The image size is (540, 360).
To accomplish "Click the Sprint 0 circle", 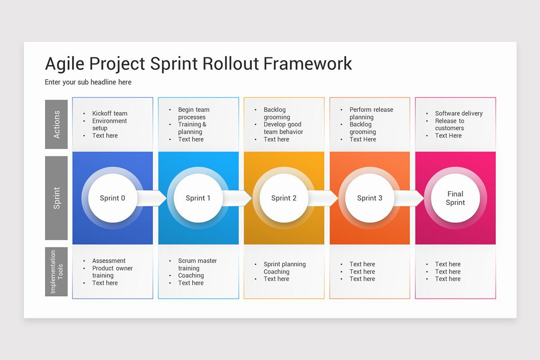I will click(112, 198).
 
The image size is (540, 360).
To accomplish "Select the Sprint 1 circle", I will click(198, 198).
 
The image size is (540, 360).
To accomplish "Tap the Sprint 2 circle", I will click(283, 198).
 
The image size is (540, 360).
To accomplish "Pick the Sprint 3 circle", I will click(369, 198).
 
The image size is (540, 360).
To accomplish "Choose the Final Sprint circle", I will click(455, 198).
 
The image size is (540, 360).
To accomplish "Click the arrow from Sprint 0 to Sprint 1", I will click(153, 198).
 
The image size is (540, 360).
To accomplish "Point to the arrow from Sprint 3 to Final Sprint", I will click(410, 198).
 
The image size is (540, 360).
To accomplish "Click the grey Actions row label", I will click(56, 124).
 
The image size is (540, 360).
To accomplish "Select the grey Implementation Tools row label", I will click(56, 271).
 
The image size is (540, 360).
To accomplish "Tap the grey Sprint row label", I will click(56, 198).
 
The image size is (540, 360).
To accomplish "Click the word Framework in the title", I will click(307, 63).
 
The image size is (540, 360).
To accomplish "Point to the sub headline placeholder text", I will click(88, 82).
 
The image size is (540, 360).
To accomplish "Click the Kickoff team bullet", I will click(109, 113).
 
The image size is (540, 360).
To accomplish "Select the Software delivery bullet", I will click(458, 113).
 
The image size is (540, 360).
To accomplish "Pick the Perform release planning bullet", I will click(371, 113).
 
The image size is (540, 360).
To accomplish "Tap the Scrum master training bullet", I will click(197, 265).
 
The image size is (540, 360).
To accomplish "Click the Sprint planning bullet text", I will click(284, 264).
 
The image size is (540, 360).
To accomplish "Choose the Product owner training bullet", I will click(112, 272).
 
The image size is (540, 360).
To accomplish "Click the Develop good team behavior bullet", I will click(283, 128).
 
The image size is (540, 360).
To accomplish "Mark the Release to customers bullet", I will click(449, 125).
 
